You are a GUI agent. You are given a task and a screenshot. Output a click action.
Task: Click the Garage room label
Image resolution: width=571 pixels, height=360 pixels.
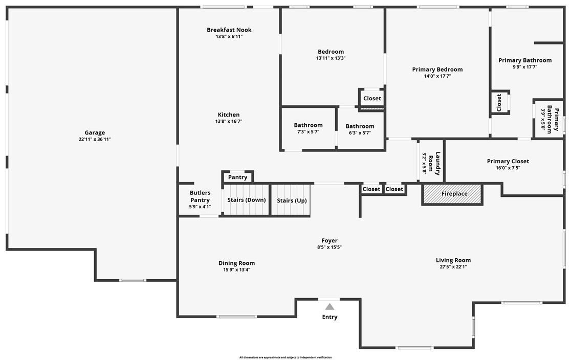[95, 133]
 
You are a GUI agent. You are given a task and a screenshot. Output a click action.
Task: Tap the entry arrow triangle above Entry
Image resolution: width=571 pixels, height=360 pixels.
[330, 307]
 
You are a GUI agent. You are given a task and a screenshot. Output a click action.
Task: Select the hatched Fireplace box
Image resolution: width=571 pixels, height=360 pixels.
[452, 194]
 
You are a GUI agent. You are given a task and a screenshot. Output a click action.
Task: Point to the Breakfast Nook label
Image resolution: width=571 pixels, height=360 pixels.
[229, 30]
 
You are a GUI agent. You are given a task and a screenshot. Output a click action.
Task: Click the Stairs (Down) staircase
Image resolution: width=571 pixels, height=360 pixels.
[247, 200]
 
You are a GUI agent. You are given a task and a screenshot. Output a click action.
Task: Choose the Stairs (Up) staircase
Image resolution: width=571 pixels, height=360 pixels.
[292, 200]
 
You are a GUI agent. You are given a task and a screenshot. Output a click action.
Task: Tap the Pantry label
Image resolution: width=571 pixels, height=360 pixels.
[237, 177]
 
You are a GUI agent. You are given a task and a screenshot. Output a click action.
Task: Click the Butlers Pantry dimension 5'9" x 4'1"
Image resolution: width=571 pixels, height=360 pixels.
[200, 207]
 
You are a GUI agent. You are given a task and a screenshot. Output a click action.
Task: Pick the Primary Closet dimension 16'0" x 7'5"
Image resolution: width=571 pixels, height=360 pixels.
[508, 168]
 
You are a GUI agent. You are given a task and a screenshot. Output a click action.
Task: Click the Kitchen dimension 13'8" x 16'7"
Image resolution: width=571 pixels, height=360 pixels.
[229, 121]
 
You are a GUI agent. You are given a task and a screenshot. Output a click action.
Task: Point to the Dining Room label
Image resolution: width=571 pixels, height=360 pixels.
[236, 263]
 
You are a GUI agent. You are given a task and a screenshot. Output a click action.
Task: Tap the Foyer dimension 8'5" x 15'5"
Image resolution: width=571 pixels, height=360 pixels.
[330, 247]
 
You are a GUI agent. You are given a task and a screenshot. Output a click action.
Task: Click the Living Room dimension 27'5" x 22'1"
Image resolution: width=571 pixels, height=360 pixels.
[453, 266]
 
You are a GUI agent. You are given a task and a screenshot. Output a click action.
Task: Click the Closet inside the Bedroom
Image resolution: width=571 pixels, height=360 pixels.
[372, 99]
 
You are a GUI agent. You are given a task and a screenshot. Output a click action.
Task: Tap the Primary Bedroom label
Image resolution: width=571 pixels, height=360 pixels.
[437, 70]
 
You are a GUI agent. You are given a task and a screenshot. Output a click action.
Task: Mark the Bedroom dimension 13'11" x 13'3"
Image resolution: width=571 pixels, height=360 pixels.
[331, 58]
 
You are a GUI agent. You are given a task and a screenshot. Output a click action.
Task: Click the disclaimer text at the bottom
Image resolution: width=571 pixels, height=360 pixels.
[285, 357]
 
